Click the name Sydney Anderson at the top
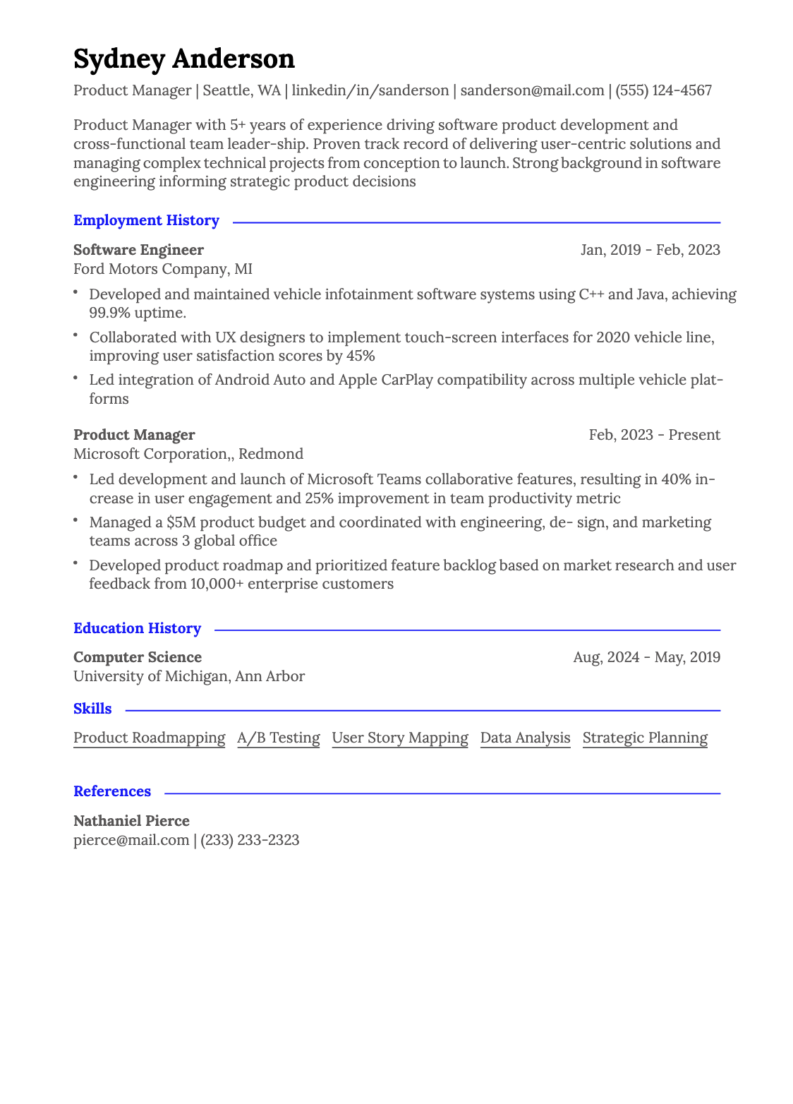click(183, 59)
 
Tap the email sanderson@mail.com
click(532, 90)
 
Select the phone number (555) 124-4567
click(663, 90)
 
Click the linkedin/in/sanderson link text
click(370, 90)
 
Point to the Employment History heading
click(146, 220)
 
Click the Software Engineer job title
click(138, 250)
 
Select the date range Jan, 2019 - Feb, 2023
click(650, 250)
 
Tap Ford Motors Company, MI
click(162, 269)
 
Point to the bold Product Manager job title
click(134, 435)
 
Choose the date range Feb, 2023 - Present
click(654, 435)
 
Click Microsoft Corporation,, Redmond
click(188, 454)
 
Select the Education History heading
click(137, 628)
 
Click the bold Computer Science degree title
click(138, 657)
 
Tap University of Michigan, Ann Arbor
click(189, 676)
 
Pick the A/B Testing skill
click(278, 738)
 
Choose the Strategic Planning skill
click(645, 738)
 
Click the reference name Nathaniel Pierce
click(131, 821)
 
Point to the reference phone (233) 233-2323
click(250, 840)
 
